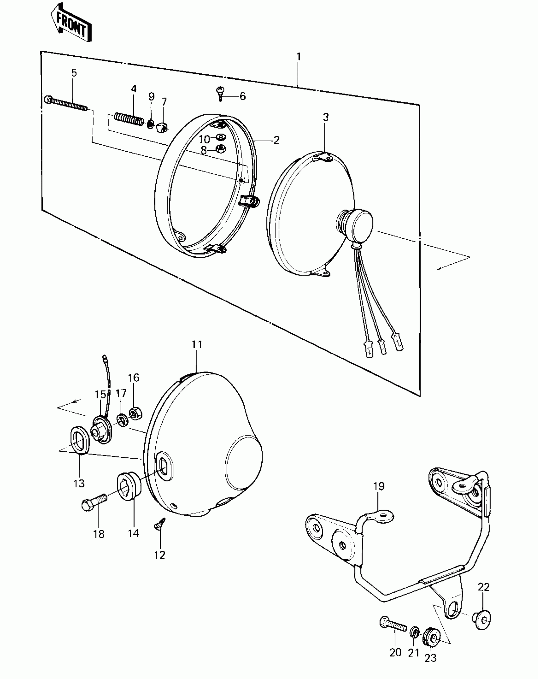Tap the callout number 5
click(x=74, y=73)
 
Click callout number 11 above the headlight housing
click(x=197, y=344)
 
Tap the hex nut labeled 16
click(x=136, y=414)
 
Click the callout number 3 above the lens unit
click(x=326, y=117)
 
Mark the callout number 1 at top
click(x=298, y=57)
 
